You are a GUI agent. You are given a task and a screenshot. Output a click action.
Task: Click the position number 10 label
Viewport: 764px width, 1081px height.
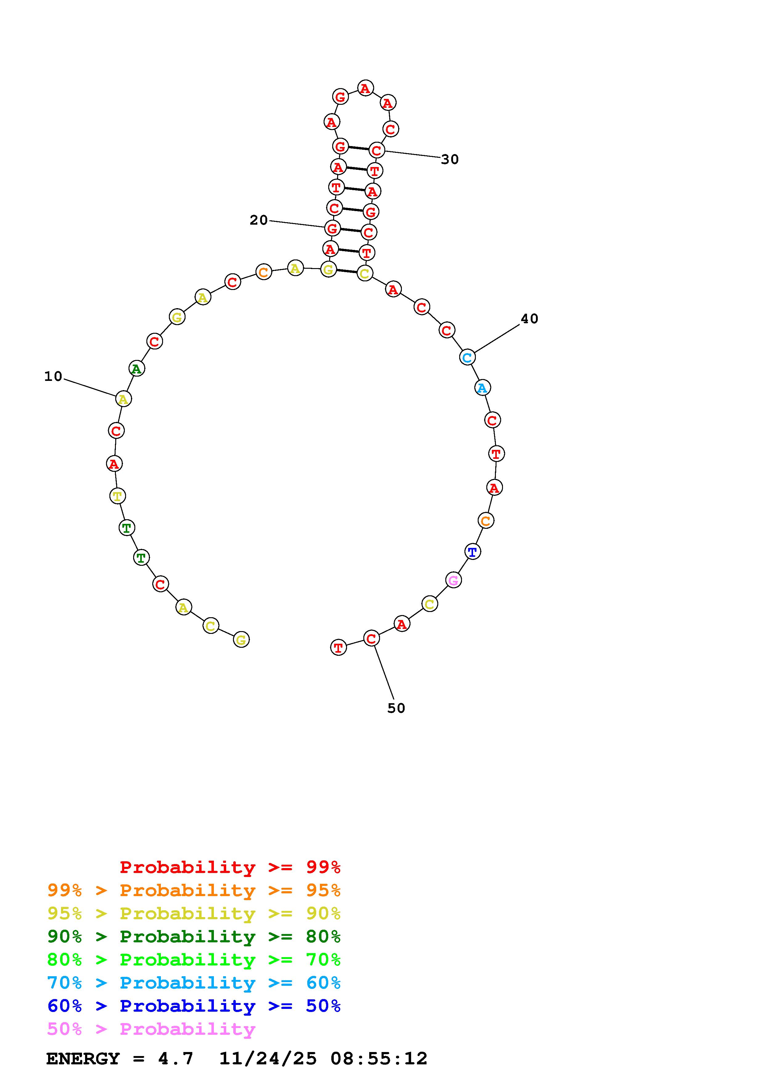[x=53, y=376]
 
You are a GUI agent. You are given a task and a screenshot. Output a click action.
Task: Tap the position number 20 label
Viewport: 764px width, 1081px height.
[x=259, y=220]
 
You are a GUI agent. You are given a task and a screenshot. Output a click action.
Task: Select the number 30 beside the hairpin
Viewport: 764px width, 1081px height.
[x=450, y=160]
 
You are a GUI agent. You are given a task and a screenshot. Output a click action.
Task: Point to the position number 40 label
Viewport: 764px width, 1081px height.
[x=529, y=319]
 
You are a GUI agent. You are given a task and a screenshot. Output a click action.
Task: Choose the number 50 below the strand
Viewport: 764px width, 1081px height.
[x=396, y=708]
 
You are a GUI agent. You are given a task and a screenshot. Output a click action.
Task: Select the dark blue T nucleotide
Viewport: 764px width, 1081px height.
[x=473, y=551]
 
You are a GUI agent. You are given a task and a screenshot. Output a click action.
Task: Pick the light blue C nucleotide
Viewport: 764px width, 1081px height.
[x=467, y=357]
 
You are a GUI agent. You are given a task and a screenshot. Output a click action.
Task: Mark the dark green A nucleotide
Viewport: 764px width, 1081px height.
[x=137, y=369]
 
